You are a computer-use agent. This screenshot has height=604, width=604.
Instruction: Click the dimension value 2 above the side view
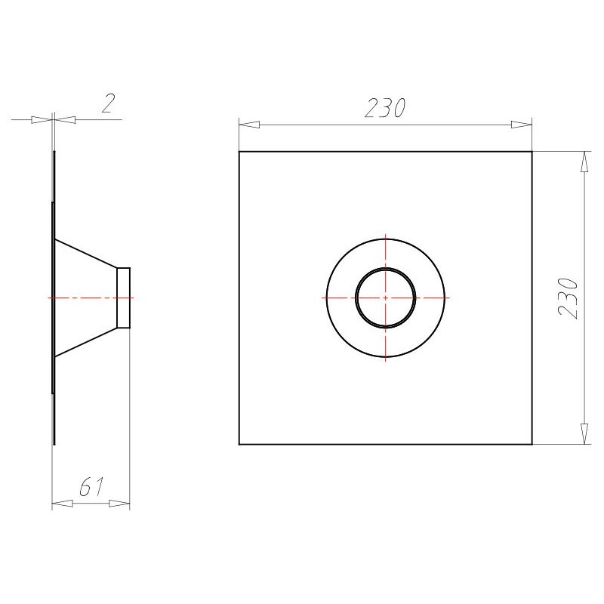(x=108, y=103)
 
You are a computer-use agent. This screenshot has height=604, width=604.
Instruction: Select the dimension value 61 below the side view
(x=91, y=486)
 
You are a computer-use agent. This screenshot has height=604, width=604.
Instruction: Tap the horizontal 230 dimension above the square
(x=385, y=108)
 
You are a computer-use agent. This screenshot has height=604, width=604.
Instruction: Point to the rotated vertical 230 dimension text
(x=569, y=298)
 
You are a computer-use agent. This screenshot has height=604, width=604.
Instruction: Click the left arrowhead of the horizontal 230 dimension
(x=249, y=125)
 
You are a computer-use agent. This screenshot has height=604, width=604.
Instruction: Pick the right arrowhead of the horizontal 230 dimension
(x=522, y=125)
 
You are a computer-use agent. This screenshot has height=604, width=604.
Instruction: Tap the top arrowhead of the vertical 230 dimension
(x=584, y=162)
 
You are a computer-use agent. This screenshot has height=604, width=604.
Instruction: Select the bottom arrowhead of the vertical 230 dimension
(x=584, y=433)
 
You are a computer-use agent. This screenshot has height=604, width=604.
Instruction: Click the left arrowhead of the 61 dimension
(x=63, y=503)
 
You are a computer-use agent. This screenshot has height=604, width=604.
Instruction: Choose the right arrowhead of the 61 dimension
(x=119, y=503)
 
